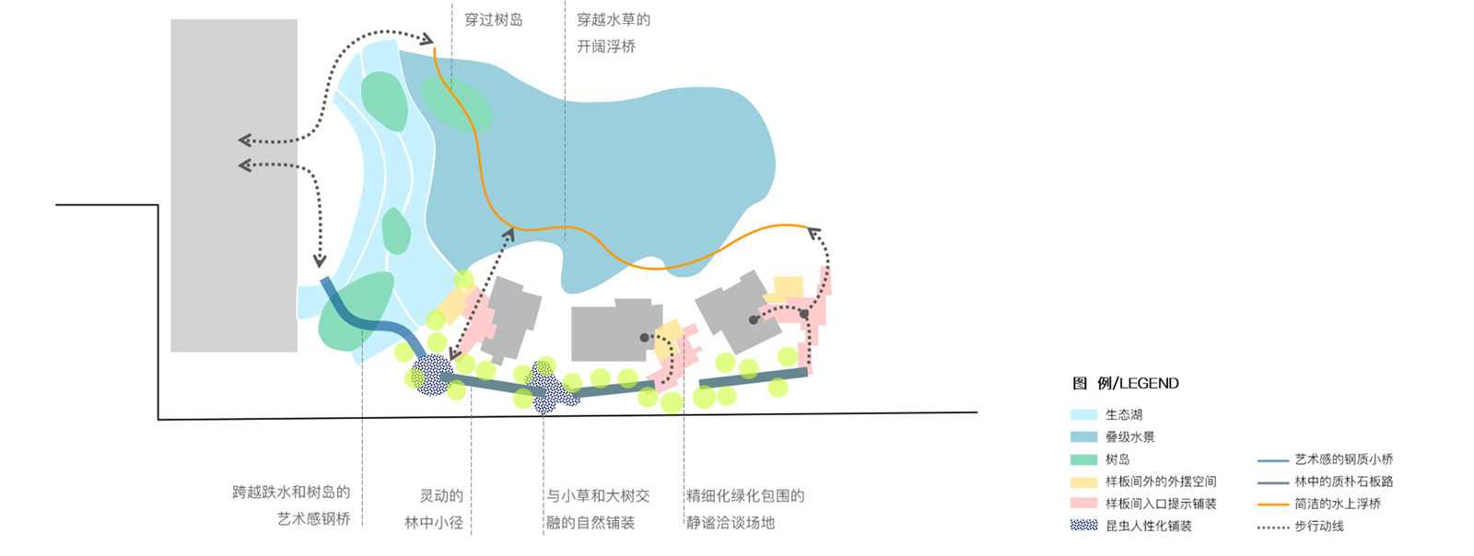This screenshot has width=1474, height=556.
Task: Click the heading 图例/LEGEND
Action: pyautogui.click(x=1125, y=383)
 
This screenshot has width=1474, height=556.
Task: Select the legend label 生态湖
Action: pyautogui.click(x=1124, y=415)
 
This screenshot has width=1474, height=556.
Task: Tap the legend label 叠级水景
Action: pyautogui.click(x=1130, y=437)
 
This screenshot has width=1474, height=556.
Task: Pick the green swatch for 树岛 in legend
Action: pyautogui.click(x=1083, y=459)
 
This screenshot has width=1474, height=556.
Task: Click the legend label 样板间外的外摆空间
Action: pyautogui.click(x=1161, y=481)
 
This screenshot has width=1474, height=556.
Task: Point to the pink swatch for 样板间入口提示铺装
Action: pyautogui.click(x=1083, y=504)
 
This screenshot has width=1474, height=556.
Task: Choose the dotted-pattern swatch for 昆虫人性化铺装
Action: pyautogui.click(x=1083, y=526)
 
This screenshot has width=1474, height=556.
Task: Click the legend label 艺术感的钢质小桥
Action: pyautogui.click(x=1343, y=459)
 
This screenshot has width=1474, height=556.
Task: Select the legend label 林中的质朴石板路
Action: pyautogui.click(x=1343, y=481)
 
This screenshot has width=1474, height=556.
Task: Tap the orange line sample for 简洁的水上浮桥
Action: pyautogui.click(x=1272, y=504)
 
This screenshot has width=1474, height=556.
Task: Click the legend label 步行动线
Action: pyautogui.click(x=1318, y=527)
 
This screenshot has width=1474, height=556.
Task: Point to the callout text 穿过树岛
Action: pyautogui.click(x=493, y=19)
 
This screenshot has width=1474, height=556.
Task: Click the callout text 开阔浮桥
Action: pyautogui.click(x=605, y=46)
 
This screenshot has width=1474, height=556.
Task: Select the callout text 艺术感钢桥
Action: pyautogui.click(x=313, y=519)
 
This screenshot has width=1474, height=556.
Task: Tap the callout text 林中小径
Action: pyautogui.click(x=433, y=523)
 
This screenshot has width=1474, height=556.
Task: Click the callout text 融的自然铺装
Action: pyautogui.click(x=591, y=523)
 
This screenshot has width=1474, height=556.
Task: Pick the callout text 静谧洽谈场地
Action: pyautogui.click(x=731, y=523)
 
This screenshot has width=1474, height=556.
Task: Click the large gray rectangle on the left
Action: pyautogui.click(x=234, y=184)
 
